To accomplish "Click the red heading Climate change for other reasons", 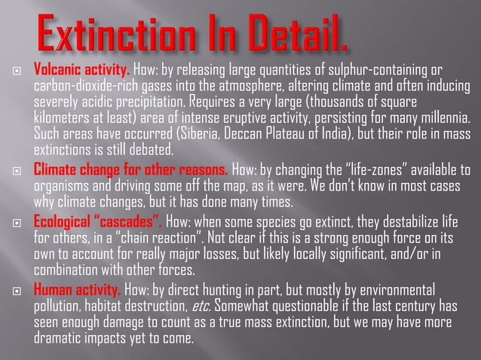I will coord(132,167).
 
